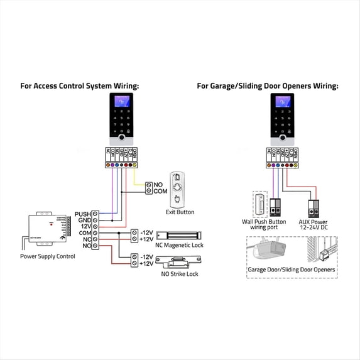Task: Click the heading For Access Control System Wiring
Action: (x=80, y=86)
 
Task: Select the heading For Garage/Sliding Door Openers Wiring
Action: (x=268, y=86)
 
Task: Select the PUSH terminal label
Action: (x=82, y=214)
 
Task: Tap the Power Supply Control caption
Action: (x=47, y=257)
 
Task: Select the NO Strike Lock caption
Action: (x=180, y=274)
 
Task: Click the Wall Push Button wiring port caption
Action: (x=264, y=225)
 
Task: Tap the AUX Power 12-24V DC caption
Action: (x=312, y=225)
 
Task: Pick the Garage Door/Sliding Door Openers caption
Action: (x=292, y=270)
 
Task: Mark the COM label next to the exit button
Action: (x=160, y=191)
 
